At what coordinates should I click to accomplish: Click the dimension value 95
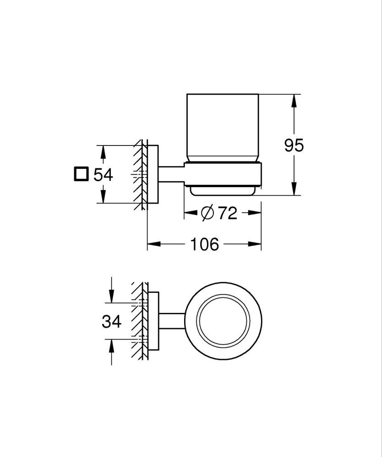pos(294,145)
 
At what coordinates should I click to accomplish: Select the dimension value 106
pos(204,244)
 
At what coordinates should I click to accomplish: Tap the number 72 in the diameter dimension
pos(227,213)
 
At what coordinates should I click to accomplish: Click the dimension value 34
pos(111,322)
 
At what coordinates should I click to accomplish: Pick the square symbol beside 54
pos(81,174)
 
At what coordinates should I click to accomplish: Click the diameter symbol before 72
pos(207,213)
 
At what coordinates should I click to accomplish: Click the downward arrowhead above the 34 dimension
pos(111,297)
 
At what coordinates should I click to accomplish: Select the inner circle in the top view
pos(223,320)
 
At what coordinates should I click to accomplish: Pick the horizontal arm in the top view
pos(172,320)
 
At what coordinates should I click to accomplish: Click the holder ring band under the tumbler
pos(223,174)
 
